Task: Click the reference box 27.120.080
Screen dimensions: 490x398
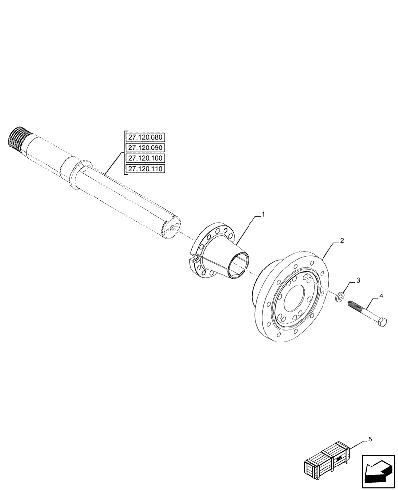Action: [x=146, y=137]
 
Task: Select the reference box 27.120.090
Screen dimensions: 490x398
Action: [x=146, y=147]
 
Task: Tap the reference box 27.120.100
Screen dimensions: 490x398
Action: [x=146, y=158]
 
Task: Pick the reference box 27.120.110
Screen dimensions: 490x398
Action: [x=146, y=169]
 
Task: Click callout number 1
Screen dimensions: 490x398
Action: [x=263, y=214]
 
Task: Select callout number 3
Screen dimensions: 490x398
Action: [x=358, y=280]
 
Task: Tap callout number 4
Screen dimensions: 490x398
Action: [x=380, y=297]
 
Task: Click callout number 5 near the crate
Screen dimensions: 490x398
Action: [x=370, y=440]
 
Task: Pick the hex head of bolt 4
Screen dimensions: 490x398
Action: [x=382, y=323]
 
